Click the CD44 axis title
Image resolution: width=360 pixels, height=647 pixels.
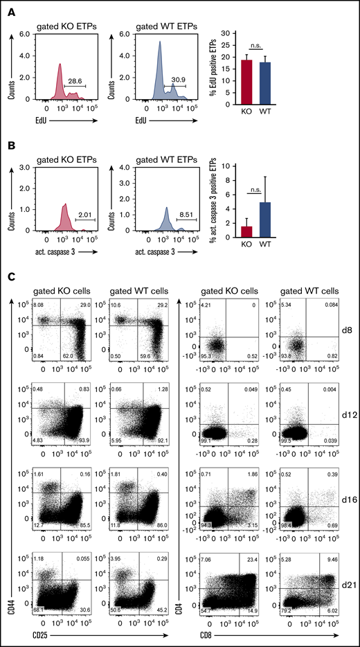point(9,619)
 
